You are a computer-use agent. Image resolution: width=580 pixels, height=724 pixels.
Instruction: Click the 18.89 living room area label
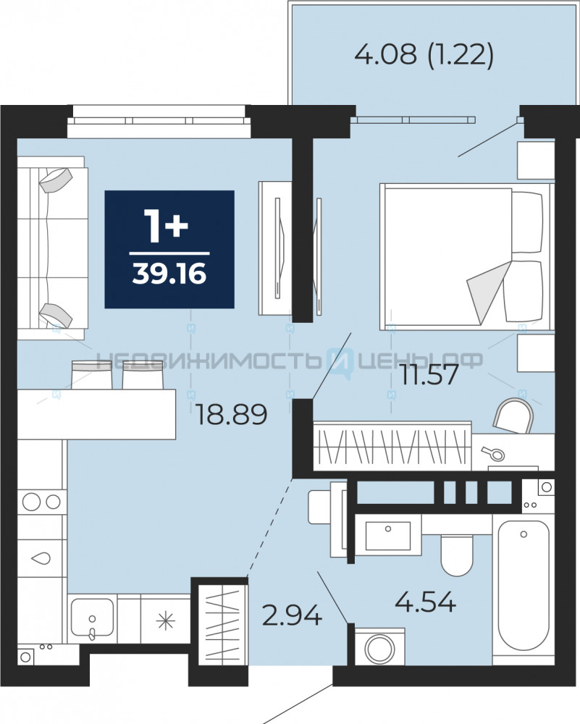point(232,414)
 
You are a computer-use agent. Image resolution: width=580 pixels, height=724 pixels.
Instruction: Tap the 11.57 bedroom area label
point(429,374)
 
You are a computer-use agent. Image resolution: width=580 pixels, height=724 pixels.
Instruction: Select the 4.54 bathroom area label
point(426,602)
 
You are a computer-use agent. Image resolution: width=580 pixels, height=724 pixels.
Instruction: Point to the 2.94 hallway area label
point(291,615)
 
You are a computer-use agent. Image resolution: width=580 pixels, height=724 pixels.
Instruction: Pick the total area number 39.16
point(169,274)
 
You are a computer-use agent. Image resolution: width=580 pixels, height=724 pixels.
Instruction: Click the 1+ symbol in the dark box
point(166,226)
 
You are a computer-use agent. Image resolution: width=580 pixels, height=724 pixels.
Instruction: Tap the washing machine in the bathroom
point(379,647)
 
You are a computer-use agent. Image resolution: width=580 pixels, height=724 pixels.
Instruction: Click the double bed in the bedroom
point(466,257)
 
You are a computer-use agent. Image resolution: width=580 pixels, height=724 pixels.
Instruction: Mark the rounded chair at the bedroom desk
point(513,416)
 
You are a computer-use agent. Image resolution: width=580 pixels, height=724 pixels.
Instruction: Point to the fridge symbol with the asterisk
point(165,620)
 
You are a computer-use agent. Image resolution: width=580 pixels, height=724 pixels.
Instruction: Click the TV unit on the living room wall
point(275,248)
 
